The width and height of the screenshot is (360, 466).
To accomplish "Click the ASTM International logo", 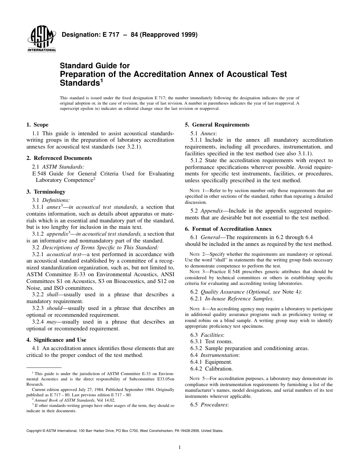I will tap(41, 40).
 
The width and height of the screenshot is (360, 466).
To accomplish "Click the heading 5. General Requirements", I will tap(217, 125).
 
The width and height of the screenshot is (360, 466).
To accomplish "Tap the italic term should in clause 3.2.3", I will tap(54, 308).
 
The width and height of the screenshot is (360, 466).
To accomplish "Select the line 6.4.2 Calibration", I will tap(211, 369).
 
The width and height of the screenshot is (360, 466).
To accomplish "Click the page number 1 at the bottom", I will tap(180, 447).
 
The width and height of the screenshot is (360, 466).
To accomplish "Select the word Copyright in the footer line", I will tap(34, 431).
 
